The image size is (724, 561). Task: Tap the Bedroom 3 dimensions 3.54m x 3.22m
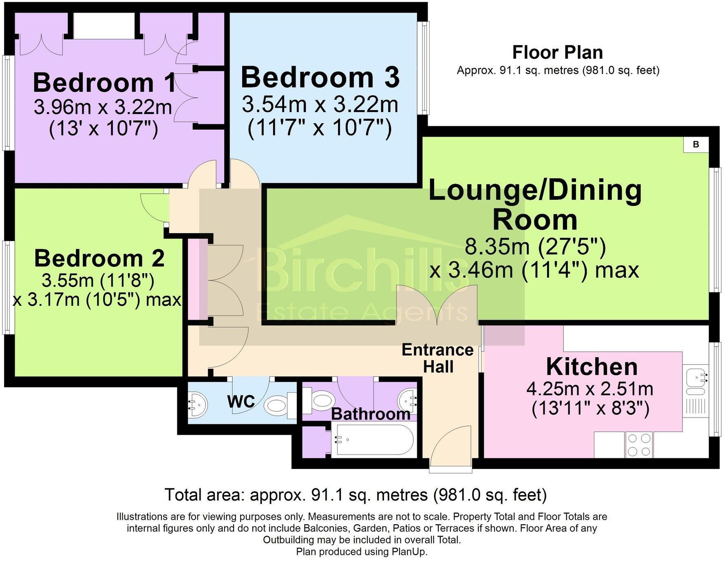320,104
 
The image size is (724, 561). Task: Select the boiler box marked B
696,144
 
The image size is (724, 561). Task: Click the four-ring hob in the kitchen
639,445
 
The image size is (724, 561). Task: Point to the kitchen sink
695,377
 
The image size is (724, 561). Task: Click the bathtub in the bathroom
373,440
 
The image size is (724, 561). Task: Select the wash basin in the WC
198,404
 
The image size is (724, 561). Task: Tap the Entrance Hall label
438,358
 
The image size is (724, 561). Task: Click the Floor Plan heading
557,53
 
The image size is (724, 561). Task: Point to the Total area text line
355,495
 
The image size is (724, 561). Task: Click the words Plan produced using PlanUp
362,552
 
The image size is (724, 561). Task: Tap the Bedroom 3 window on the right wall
425,68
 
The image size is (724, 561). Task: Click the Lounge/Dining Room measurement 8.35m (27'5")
535,246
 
